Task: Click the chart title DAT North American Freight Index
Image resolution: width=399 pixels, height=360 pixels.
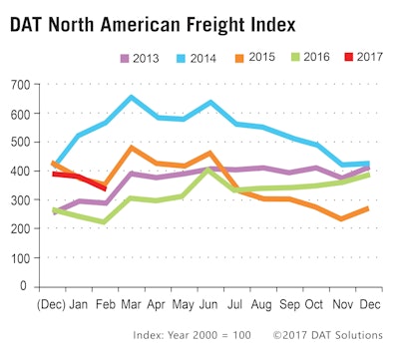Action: tap(171, 22)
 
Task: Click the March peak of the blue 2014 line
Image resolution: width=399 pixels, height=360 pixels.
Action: tap(131, 98)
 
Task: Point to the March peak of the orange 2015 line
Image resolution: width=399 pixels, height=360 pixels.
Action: tap(131, 148)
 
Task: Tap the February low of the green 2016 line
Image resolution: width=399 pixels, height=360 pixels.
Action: tap(105, 222)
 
